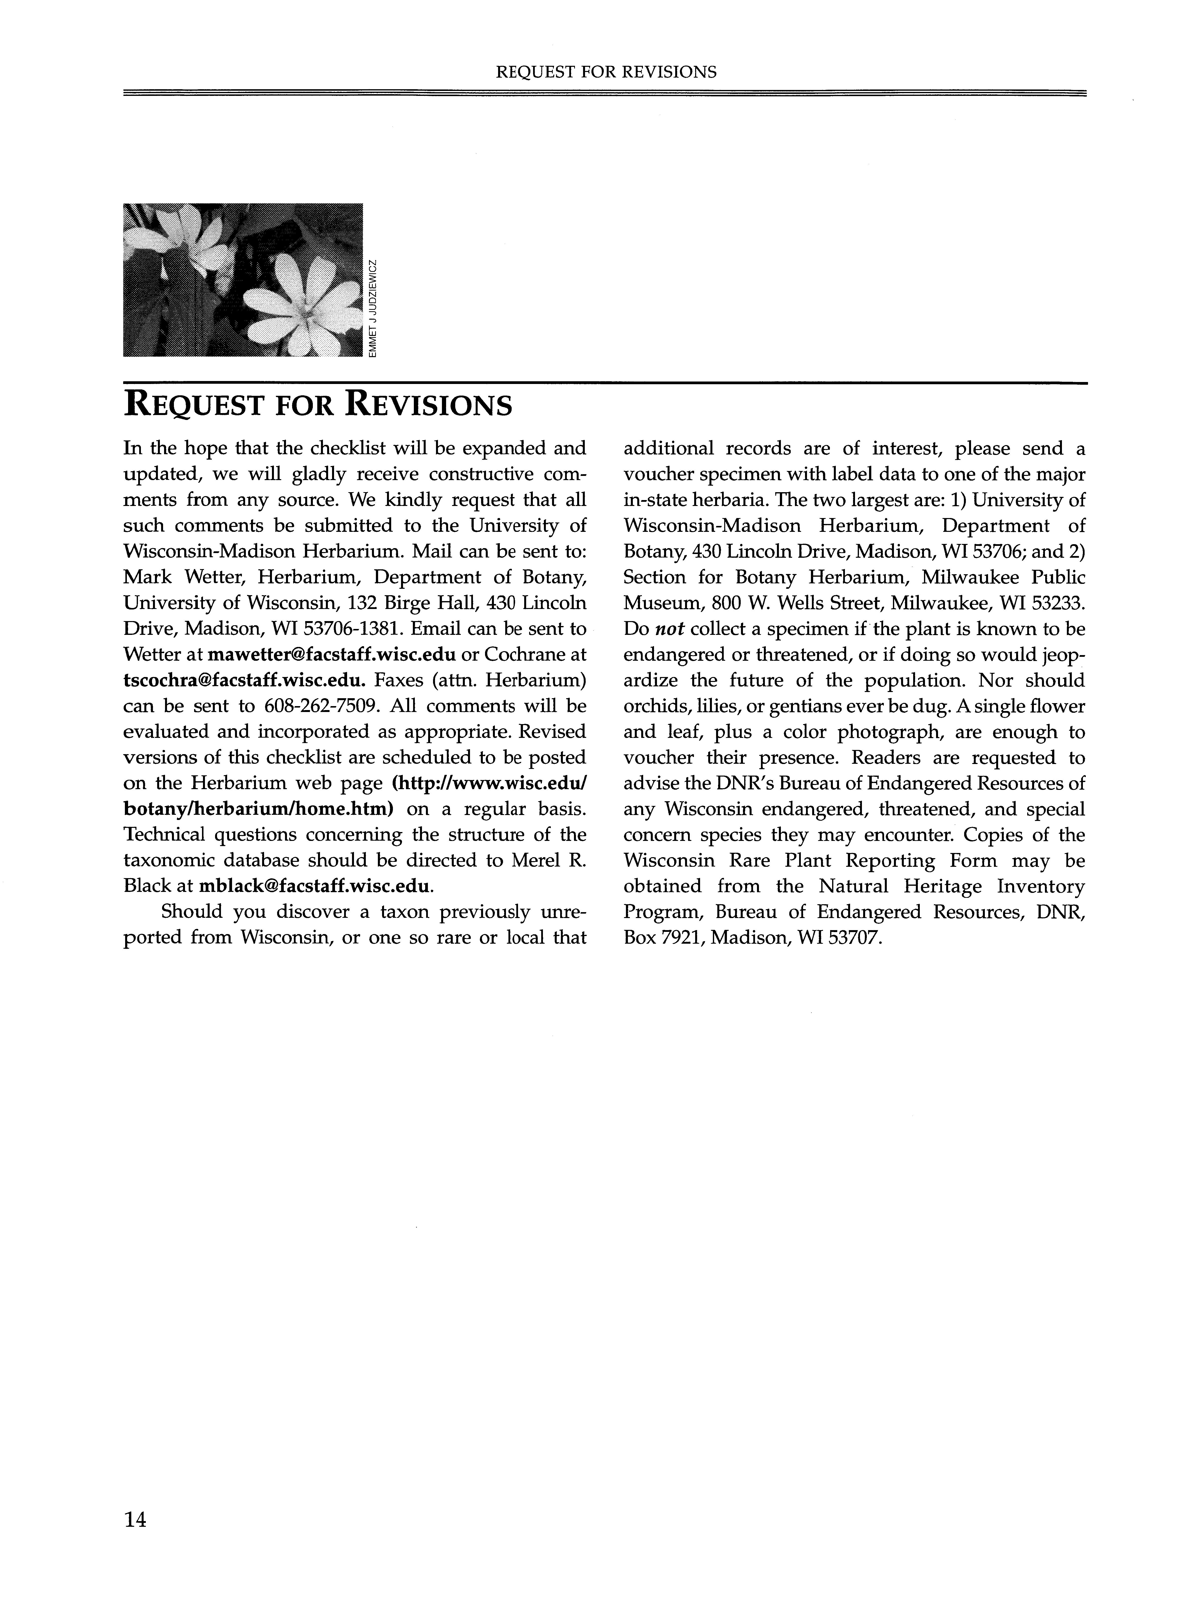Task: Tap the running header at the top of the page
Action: (x=606, y=71)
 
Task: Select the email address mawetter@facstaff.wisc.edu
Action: (x=332, y=655)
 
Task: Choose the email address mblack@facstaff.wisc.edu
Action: (x=315, y=886)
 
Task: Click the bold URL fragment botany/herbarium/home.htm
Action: (x=258, y=809)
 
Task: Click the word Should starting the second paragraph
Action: (x=191, y=912)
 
